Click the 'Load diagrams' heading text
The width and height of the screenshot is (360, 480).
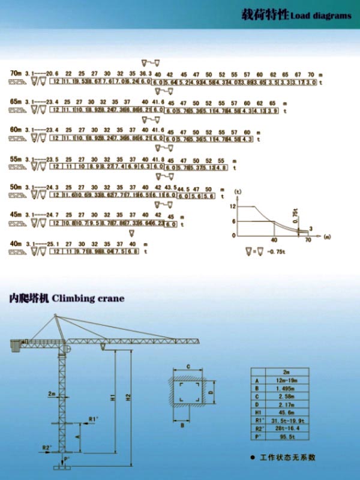coord(320,16)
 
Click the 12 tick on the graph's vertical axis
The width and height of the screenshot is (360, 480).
coord(234,206)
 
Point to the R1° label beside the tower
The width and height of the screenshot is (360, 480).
coord(94,418)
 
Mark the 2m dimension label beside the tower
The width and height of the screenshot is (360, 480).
coord(53,394)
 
